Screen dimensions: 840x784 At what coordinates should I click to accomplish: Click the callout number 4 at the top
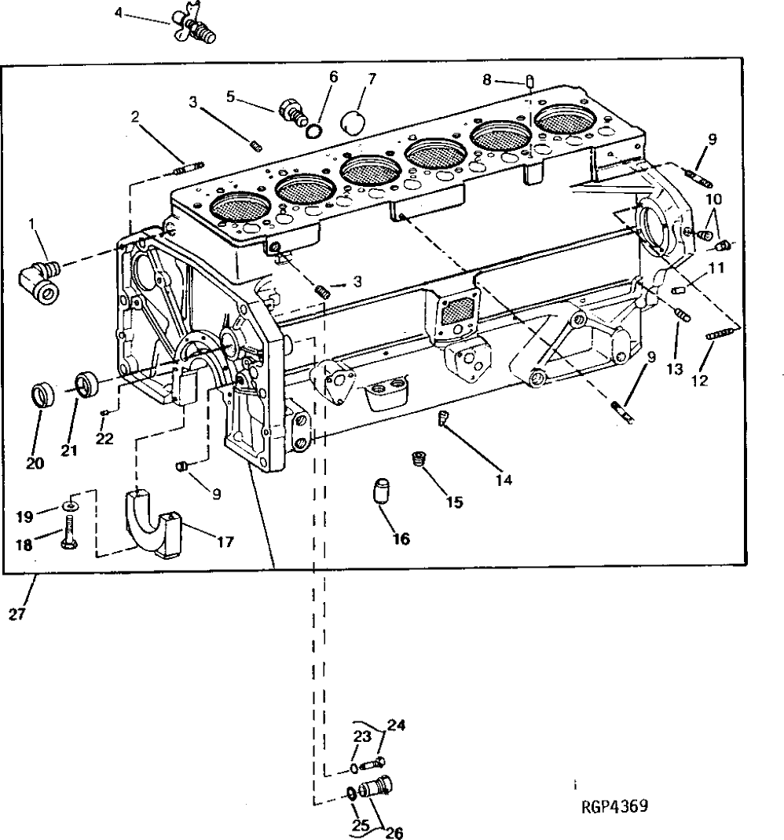pyautogui.click(x=119, y=13)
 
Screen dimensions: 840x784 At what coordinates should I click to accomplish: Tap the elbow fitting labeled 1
pyautogui.click(x=41, y=283)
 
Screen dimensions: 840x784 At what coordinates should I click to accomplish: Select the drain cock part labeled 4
pyautogui.click(x=195, y=26)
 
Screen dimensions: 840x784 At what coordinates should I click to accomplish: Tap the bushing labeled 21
pyautogui.click(x=87, y=385)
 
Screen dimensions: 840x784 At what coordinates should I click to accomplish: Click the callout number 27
pyautogui.click(x=17, y=615)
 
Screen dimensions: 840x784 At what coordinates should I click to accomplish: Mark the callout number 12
pyautogui.click(x=699, y=382)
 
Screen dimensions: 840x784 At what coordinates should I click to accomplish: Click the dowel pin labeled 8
pyautogui.click(x=531, y=80)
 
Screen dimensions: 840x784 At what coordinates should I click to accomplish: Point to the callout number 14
pyautogui.click(x=503, y=479)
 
